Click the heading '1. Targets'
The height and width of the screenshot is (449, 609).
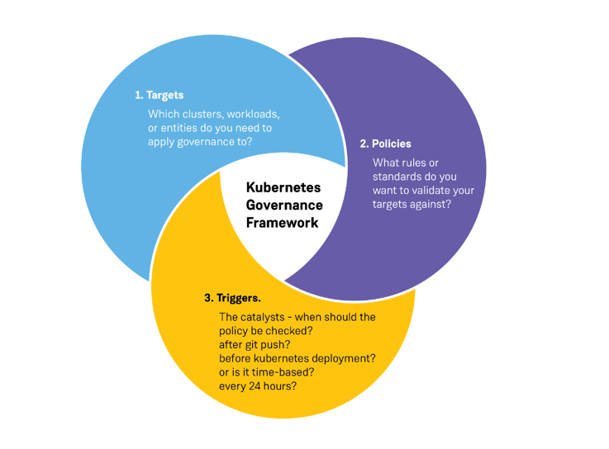159,96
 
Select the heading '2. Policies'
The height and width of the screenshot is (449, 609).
385,144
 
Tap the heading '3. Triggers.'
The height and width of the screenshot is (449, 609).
232,297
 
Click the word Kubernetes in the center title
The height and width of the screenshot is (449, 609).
283,187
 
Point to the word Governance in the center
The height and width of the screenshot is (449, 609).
284,205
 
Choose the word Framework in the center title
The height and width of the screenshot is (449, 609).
282,223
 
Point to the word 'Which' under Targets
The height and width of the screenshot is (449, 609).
162,114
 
